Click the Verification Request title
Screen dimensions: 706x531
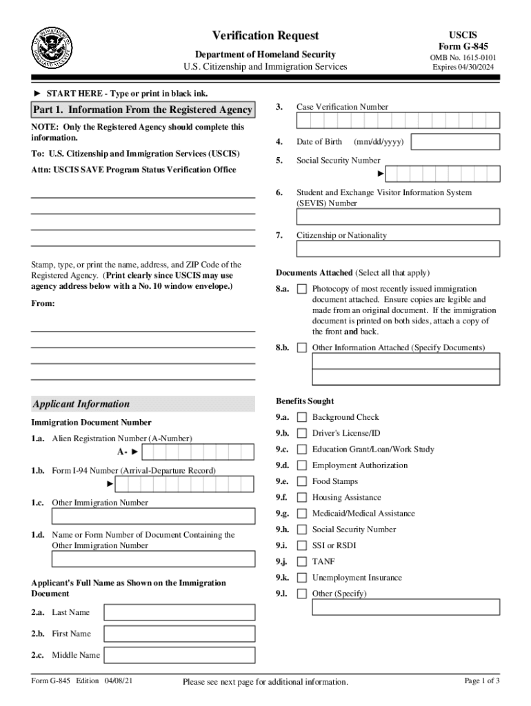point(265,36)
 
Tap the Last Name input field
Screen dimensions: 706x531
point(179,612)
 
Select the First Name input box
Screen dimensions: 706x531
point(179,634)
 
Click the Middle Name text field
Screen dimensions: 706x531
point(179,655)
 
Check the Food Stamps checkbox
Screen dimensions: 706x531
point(301,482)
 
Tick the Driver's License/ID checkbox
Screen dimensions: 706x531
point(301,434)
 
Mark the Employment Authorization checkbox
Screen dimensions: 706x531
point(301,466)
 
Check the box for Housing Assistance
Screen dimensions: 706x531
point(301,498)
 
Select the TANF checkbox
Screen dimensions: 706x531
point(301,562)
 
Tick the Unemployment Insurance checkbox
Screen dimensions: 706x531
point(301,578)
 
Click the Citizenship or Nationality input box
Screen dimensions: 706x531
point(398,248)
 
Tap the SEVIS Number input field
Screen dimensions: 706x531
point(398,216)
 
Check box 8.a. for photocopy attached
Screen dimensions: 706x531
point(301,290)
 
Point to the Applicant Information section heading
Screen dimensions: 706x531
point(81,404)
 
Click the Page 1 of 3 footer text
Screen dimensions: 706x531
point(482,681)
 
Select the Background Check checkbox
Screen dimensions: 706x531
point(301,418)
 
